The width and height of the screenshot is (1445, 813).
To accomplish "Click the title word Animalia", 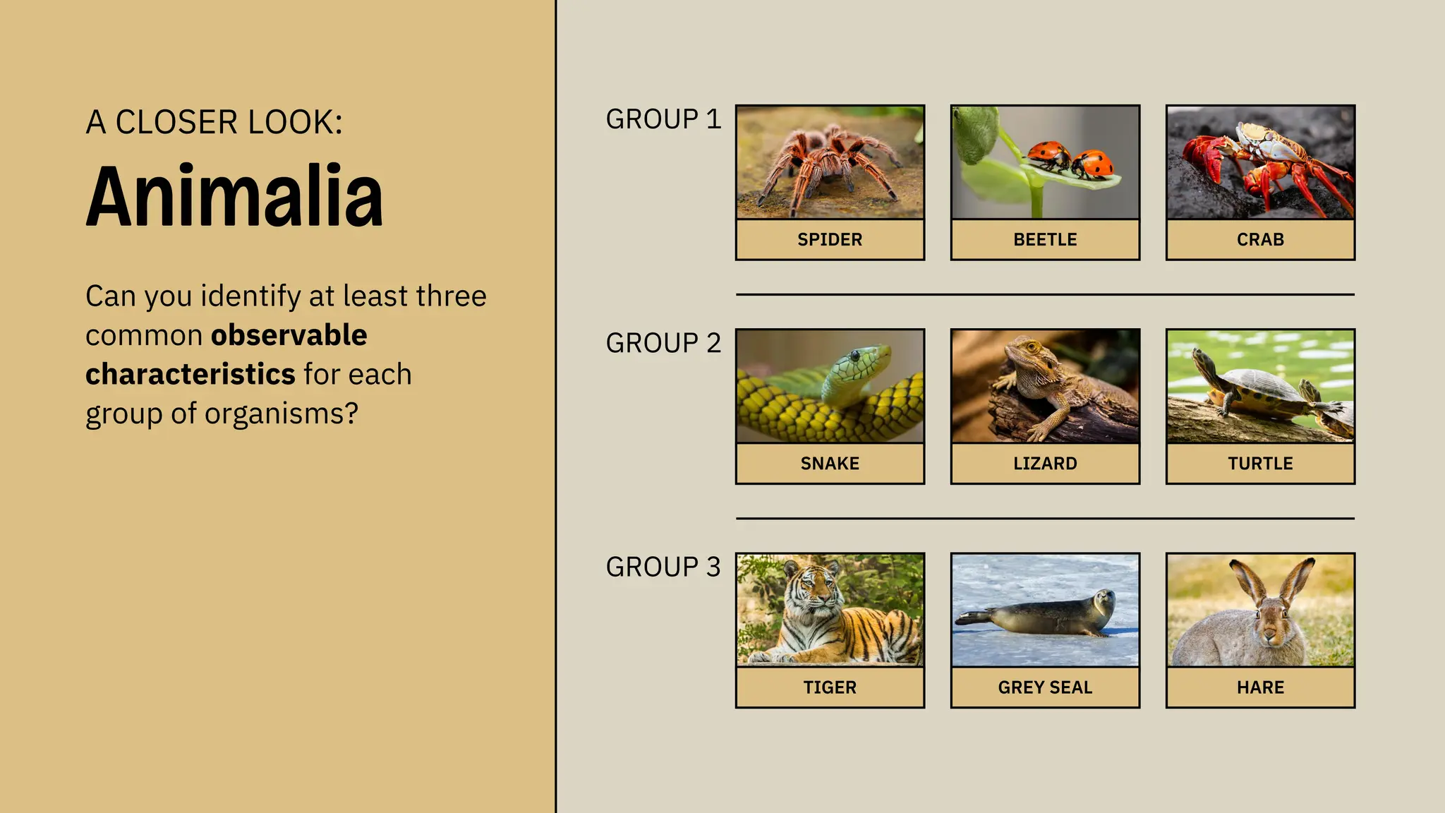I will click(x=234, y=195).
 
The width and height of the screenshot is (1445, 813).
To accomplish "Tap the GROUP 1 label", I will click(x=663, y=119).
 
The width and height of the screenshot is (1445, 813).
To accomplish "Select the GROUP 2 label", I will click(x=663, y=343).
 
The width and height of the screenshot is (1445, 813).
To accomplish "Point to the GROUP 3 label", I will click(x=663, y=567).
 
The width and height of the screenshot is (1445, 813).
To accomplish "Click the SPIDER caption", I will click(x=830, y=240).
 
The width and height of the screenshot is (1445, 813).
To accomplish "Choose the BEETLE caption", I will click(x=1045, y=240).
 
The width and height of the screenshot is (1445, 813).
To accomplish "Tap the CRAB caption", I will click(x=1260, y=240).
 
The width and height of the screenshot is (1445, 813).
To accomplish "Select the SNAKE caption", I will click(x=830, y=464).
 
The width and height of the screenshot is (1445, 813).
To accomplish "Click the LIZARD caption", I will click(x=1045, y=464).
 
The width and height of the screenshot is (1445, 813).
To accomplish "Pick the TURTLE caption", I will click(x=1260, y=464).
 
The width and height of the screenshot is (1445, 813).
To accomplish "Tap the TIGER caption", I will click(x=830, y=687).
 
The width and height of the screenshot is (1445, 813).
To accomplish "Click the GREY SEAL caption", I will click(x=1045, y=687).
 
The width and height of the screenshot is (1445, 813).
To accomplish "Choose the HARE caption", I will click(x=1260, y=687).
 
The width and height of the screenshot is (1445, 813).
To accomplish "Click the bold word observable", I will click(x=289, y=335).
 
